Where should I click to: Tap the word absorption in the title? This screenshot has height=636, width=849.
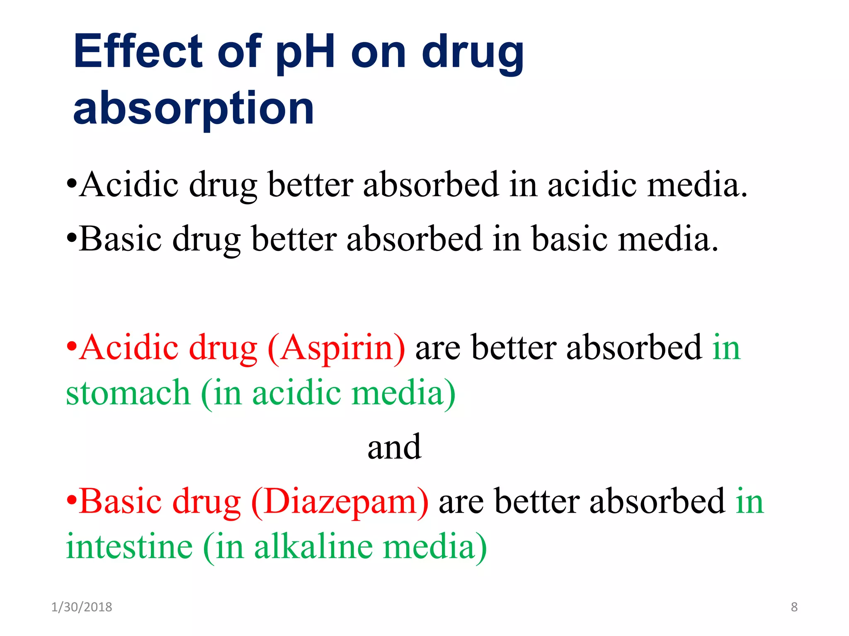click(x=194, y=108)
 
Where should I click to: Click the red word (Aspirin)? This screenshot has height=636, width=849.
click(x=336, y=348)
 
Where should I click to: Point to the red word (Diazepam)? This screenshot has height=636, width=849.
click(x=340, y=502)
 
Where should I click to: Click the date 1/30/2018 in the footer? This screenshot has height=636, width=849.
click(x=82, y=607)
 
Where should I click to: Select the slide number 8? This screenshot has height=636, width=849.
click(x=794, y=607)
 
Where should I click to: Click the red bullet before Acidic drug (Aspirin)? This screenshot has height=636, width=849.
click(x=72, y=345)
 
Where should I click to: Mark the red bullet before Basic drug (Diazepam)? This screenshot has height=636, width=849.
click(x=72, y=499)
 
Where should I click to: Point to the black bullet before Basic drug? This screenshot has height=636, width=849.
click(x=72, y=238)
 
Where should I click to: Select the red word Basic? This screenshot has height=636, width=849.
click(x=120, y=501)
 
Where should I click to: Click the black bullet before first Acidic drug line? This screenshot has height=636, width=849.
click(x=72, y=183)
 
